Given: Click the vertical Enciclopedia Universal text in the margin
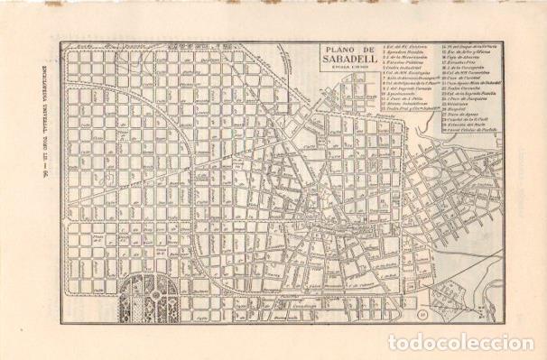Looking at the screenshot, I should point(19,181).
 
